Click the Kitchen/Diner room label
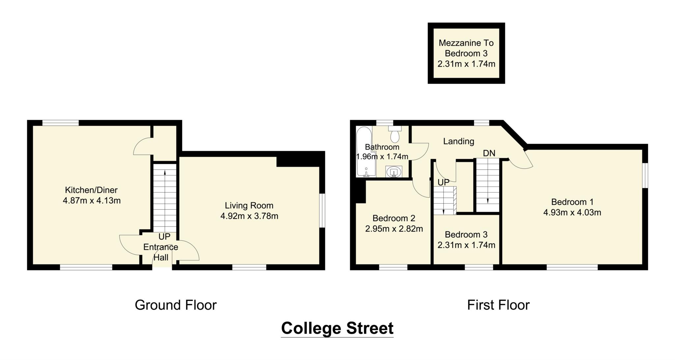point(91,190)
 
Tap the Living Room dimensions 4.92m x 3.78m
point(249,216)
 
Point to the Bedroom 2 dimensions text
point(394,229)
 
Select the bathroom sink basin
point(394,172)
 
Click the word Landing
point(458,141)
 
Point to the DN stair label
point(489,153)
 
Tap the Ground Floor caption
point(176,305)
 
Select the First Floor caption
point(498,305)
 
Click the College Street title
point(337,328)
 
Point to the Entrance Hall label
point(161,252)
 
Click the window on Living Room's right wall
point(323,210)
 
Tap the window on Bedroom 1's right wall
point(646,175)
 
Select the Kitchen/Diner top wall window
point(60,123)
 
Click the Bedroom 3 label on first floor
point(466,235)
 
